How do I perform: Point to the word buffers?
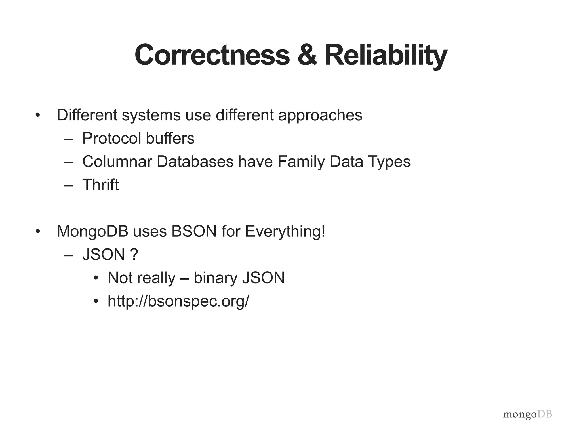[170, 138]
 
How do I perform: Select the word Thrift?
[100, 185]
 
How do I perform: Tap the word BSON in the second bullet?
[194, 231]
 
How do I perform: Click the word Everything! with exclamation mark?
[285, 231]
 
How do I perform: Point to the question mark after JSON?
[134, 254]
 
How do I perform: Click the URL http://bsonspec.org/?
[178, 301]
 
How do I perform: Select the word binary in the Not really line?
[215, 278]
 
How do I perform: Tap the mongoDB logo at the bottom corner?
[527, 414]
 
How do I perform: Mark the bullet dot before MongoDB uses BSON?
[38, 231]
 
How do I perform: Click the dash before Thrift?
[68, 185]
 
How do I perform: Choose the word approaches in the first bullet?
[320, 115]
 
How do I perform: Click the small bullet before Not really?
[96, 278]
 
